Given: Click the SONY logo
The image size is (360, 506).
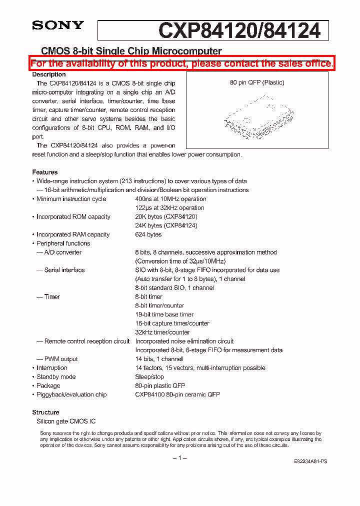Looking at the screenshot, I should [x=58, y=25].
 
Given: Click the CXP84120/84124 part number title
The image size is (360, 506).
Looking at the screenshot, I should [x=239, y=31].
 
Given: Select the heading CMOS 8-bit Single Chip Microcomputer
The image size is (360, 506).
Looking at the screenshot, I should [x=131, y=51].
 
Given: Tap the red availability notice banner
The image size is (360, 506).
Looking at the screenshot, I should [x=181, y=63].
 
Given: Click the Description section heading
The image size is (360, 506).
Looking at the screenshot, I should [x=49, y=74].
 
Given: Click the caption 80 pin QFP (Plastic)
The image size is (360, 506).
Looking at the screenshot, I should [x=257, y=82].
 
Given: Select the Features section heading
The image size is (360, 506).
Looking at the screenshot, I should [x=45, y=172].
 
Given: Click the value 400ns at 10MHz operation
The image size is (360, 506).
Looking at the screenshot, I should [x=170, y=199].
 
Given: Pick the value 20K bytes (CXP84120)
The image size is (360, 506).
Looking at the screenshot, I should [x=166, y=216].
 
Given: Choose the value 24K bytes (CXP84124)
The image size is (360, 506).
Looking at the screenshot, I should [x=166, y=225].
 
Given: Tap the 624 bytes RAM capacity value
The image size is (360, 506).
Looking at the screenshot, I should [x=148, y=234].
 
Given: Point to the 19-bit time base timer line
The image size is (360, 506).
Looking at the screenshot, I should [x=164, y=314].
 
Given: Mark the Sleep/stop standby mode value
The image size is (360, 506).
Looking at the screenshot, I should [x=149, y=376].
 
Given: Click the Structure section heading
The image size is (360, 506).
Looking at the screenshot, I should [x=45, y=412].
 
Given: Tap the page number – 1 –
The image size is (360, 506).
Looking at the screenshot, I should [x=179, y=458].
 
